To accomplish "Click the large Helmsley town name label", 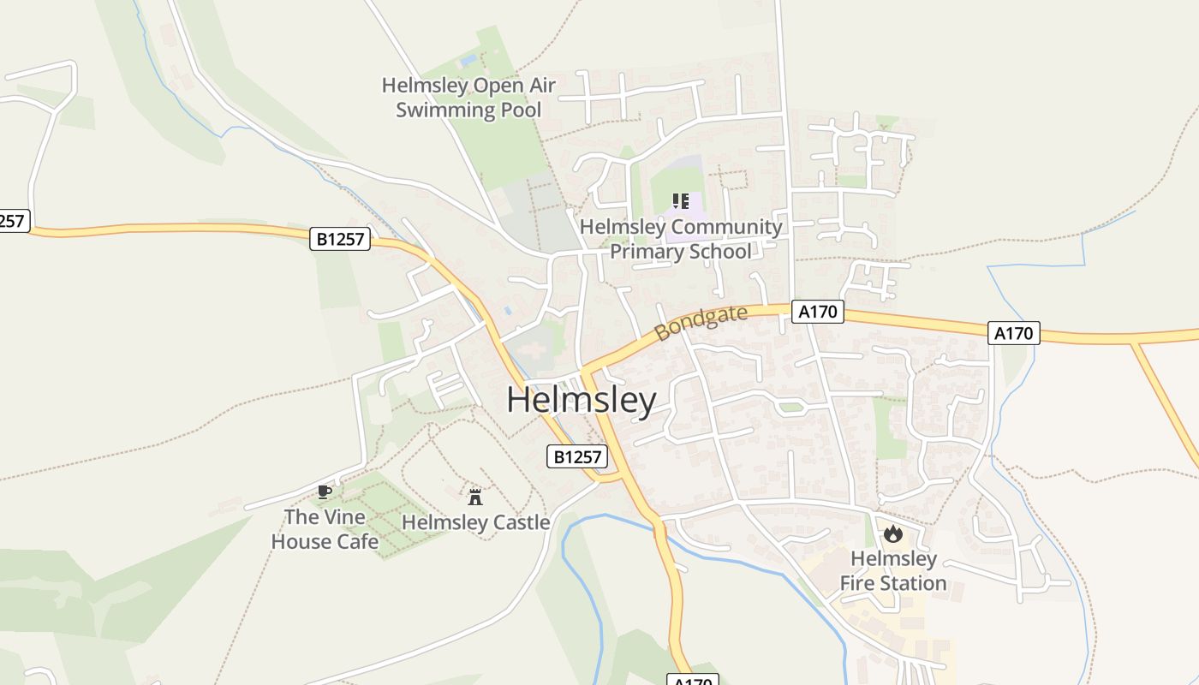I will (582, 400).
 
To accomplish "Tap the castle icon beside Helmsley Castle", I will (475, 496).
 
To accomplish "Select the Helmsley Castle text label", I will (475, 522).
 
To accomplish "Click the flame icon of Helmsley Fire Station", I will (893, 534).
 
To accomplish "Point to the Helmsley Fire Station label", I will (893, 571).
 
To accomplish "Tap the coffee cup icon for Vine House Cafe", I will (324, 491).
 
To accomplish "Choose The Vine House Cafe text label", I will (325, 529).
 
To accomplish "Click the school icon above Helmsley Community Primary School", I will (681, 201).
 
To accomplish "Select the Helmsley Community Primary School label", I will (681, 239).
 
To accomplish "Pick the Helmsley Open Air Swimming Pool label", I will (468, 98).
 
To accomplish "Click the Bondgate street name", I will (701, 323).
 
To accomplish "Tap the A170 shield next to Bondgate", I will (817, 312).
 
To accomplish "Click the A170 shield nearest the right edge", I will (1014, 333).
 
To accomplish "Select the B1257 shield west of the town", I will (340, 239).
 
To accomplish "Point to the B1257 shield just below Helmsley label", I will (577, 456).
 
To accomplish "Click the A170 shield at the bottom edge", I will (692, 680).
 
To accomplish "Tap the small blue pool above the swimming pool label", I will (468, 61).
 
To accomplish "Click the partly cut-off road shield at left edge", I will (12, 220).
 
